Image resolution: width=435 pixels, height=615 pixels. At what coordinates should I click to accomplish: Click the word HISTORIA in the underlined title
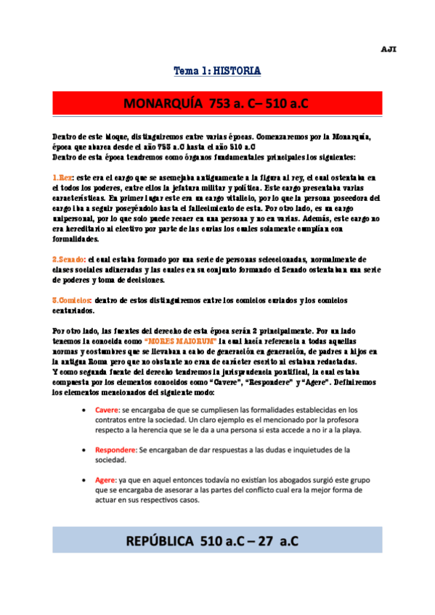236,71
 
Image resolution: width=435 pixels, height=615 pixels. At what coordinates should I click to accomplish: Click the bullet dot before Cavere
86,411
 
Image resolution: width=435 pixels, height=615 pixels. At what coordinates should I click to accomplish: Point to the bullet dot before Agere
86,480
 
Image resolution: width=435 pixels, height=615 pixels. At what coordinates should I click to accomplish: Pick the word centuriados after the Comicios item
73,310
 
